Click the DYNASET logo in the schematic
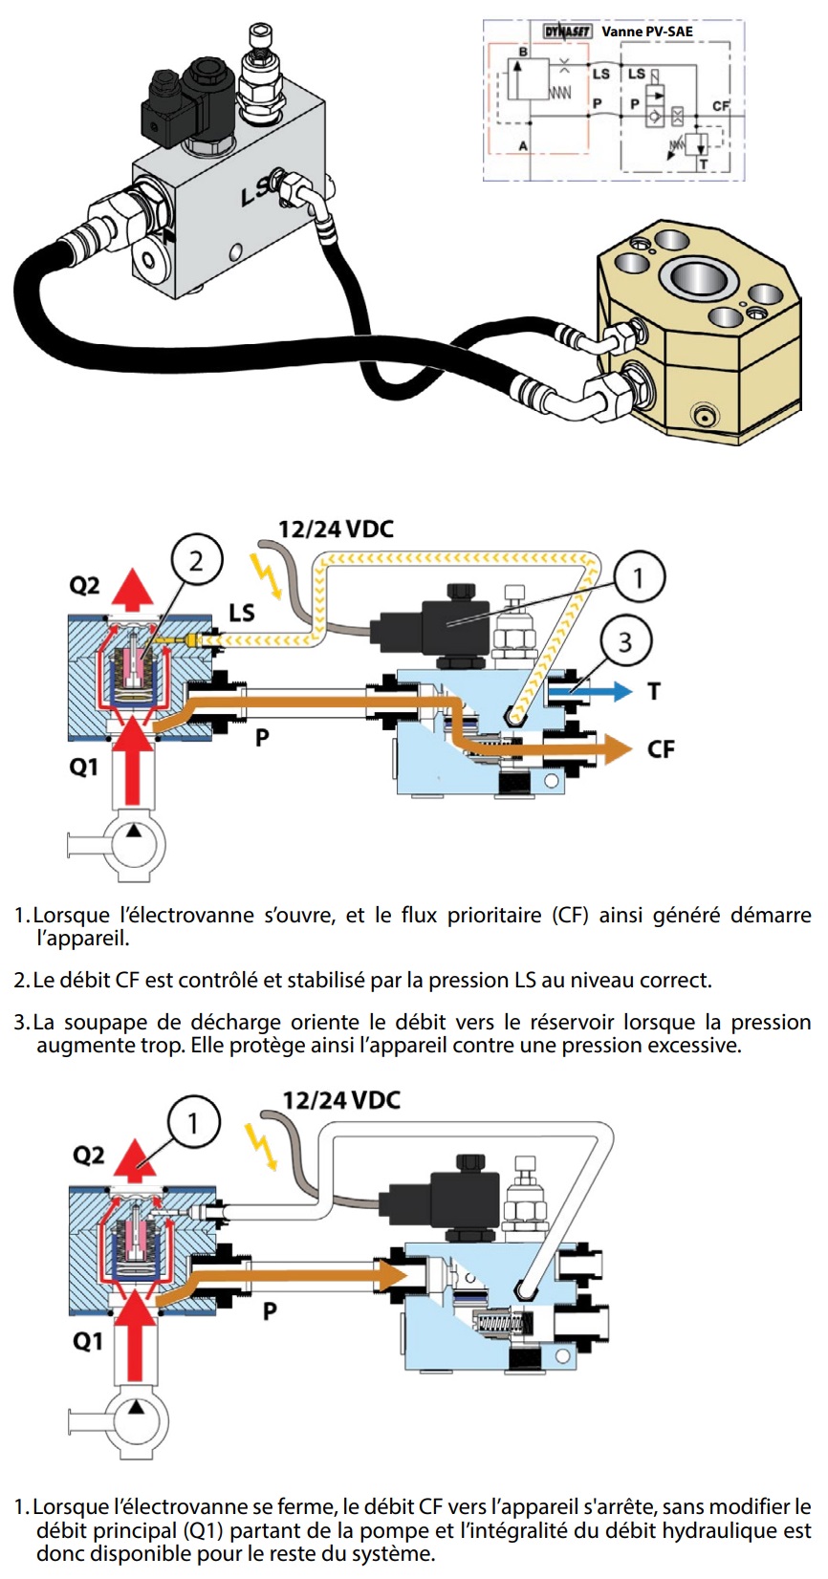coord(568,32)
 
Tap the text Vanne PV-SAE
coord(647,32)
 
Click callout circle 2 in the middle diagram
coord(196,560)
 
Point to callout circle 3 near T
coord(625,641)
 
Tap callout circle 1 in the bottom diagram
coord(193,1122)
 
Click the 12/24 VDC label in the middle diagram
coord(336,530)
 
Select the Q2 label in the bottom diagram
coord(89,1156)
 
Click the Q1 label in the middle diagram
coord(84,768)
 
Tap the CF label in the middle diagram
coord(661,749)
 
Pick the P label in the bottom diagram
coord(271,1309)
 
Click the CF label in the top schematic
coord(720,105)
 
